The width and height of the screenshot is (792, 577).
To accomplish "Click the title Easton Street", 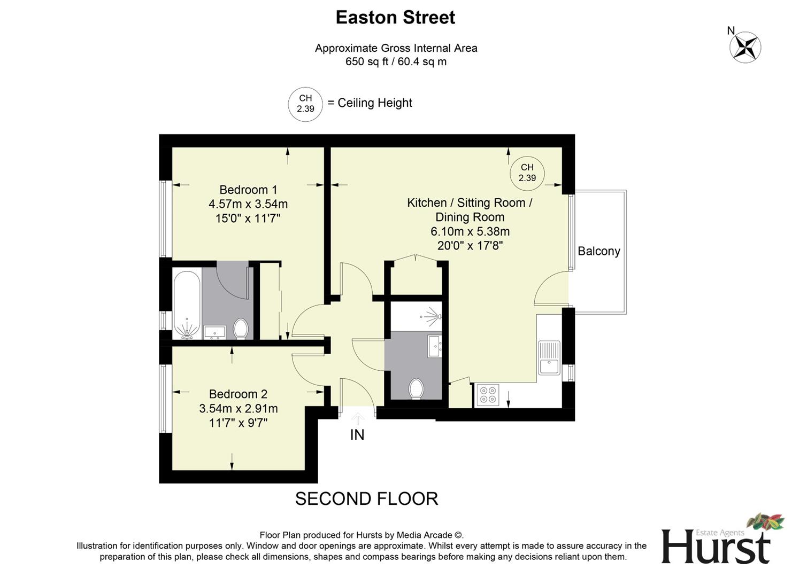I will coord(395,18).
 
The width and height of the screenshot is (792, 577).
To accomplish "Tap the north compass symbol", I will coord(745,47).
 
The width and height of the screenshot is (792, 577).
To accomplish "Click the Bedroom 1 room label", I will coord(248,190).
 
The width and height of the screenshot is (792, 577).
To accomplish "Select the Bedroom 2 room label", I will coord(238,394).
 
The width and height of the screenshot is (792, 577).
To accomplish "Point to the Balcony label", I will coord(598,251).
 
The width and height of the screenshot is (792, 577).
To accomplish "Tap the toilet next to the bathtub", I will coord(241,329).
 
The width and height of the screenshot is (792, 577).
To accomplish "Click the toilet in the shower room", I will coord(416,388).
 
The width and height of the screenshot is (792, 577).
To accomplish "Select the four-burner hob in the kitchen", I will coord(487,395).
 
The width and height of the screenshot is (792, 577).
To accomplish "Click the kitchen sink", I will coord(549,358).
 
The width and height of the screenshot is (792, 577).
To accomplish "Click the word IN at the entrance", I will coord(357,435).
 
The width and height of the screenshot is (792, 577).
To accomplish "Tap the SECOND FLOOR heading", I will coord(366,499).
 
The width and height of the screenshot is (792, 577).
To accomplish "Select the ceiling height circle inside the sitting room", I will coord(527,173).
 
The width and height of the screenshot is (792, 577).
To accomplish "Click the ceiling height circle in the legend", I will coord(305,104).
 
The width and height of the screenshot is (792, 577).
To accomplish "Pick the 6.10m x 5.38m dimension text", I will coord(470,232).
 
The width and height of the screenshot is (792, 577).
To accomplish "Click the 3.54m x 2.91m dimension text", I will coord(238,409).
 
